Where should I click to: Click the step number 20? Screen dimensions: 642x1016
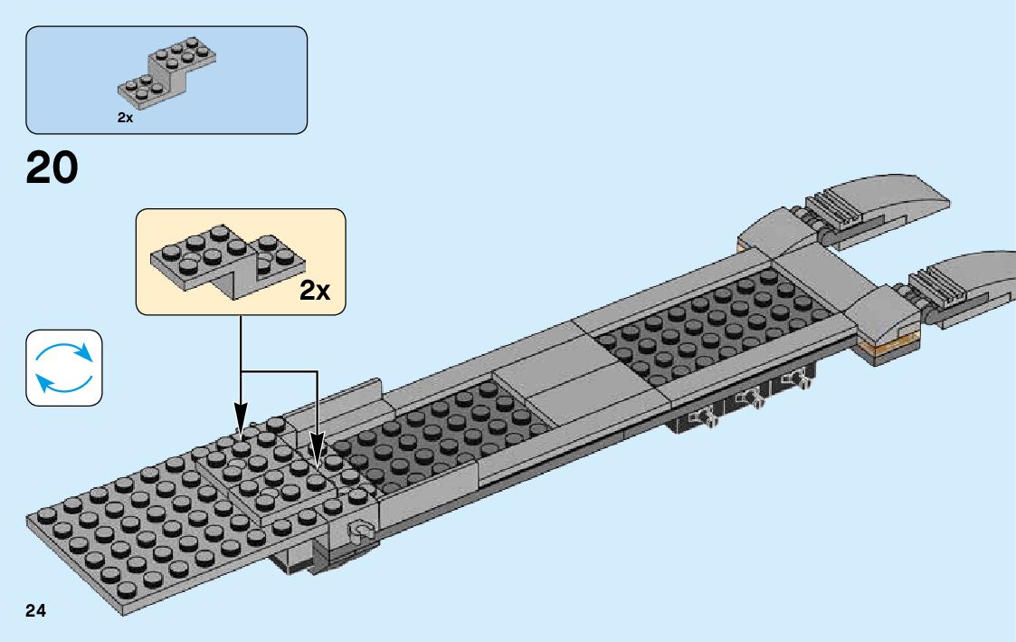(x=52, y=168)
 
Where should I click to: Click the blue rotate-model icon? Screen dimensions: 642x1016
(x=64, y=367)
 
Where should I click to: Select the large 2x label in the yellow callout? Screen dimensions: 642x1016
(x=315, y=291)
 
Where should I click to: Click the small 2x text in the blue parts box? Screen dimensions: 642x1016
(x=125, y=118)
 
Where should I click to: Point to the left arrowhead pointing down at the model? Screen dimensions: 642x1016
(x=241, y=419)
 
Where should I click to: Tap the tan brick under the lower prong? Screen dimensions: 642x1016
(x=891, y=346)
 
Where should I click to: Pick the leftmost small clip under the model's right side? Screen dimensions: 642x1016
(x=701, y=417)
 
